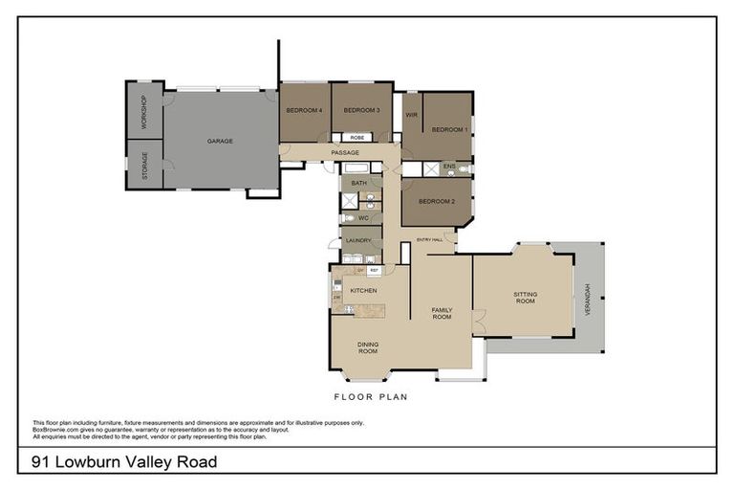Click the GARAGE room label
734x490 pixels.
coord(221,141)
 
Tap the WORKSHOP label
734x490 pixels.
coord(144,114)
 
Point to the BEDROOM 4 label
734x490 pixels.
coord(304,110)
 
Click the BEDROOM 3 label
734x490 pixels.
coord(362,110)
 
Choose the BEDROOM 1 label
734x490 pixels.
coord(449,129)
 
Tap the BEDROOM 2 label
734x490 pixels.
coord(435,202)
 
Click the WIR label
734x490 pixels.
coord(412,115)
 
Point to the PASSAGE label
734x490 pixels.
coord(345,153)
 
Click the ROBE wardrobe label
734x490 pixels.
coord(356,138)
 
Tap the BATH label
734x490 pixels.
coord(358,183)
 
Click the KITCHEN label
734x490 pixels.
coord(363,290)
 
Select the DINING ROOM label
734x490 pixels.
coord(368,347)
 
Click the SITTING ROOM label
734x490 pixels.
coord(525,298)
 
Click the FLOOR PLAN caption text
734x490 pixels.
coord(371,396)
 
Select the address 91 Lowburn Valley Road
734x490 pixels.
coord(123,463)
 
